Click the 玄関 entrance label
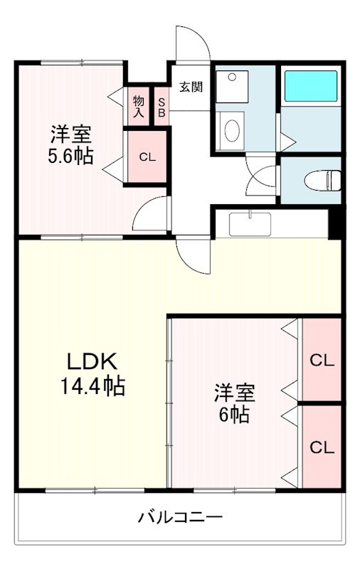pos(190,87)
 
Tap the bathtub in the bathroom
pos(310,85)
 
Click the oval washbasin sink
pos(231,131)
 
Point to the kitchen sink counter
pos(250,224)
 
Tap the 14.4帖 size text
pos(92,387)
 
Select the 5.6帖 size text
pos(70,157)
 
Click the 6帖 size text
pos(235,415)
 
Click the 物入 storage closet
pos(138,106)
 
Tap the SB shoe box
pos(161,106)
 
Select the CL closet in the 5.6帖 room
pos(147,157)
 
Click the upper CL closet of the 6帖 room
pos(321,361)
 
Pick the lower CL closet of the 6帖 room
pos(321,447)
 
